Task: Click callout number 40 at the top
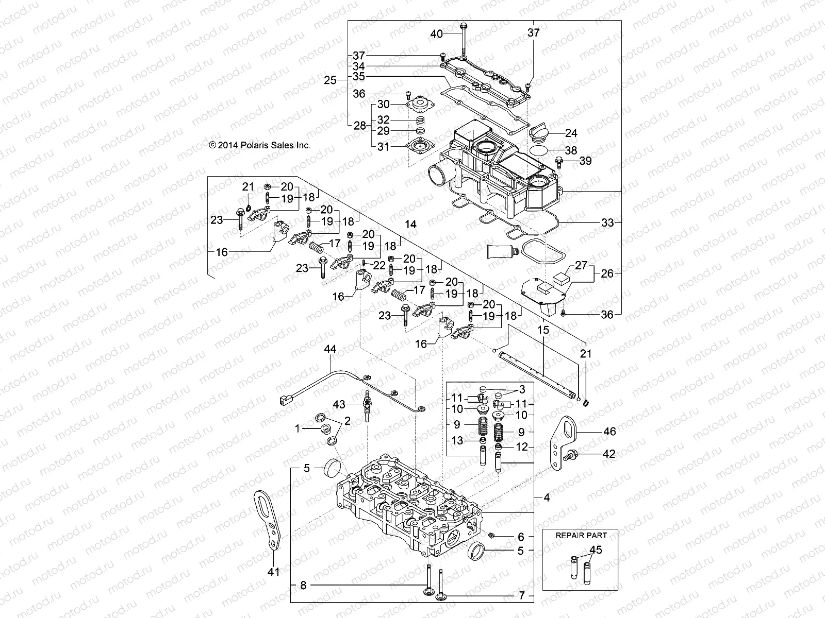click(x=436, y=34)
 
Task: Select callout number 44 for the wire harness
click(x=330, y=349)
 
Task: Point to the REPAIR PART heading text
click(x=581, y=535)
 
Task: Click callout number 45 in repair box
click(x=596, y=550)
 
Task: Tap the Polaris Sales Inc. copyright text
click(x=260, y=146)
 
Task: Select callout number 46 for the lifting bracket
click(x=609, y=432)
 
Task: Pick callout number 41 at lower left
click(x=274, y=572)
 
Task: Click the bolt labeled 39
click(x=559, y=161)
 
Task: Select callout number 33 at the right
click(x=608, y=222)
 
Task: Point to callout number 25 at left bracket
click(x=329, y=80)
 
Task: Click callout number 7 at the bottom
click(x=522, y=596)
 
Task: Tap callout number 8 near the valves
click(x=303, y=585)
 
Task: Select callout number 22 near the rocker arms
click(x=379, y=265)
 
